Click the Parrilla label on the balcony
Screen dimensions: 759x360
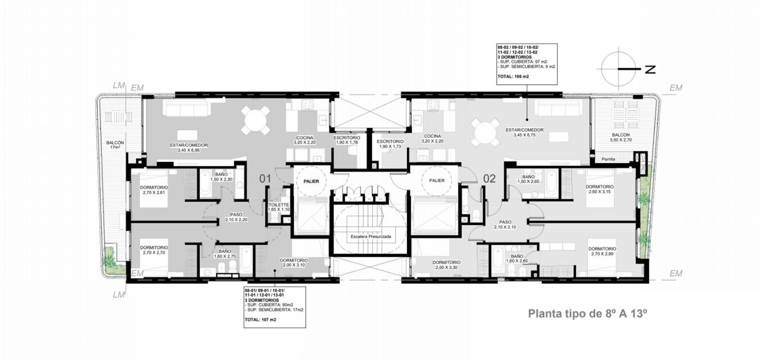[x=609, y=159]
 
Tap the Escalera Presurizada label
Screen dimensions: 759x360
[x=370, y=236]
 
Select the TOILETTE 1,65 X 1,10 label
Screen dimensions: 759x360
[x=278, y=207]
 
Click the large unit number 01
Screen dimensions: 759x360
[x=265, y=178]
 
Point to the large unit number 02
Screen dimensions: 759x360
[x=489, y=178]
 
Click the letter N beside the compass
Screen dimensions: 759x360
[x=650, y=69]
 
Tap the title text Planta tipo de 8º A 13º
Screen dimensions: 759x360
[x=588, y=314]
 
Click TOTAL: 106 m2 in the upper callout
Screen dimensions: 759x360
[x=513, y=76]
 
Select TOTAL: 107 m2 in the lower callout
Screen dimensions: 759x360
[x=260, y=319]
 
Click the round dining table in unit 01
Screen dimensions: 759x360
[x=256, y=120]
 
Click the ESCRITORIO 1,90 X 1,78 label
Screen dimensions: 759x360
[x=347, y=140]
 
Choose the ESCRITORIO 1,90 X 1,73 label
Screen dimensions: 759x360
[x=390, y=144]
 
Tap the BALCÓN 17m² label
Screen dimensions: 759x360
[x=115, y=145]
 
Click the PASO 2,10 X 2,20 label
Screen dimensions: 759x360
[x=236, y=217]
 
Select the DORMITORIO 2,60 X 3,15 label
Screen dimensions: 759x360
[x=600, y=189]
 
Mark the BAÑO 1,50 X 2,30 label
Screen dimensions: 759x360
[x=221, y=177]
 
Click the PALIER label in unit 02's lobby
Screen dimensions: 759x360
[x=437, y=181]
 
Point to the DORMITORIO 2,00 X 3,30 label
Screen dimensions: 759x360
[x=446, y=265]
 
